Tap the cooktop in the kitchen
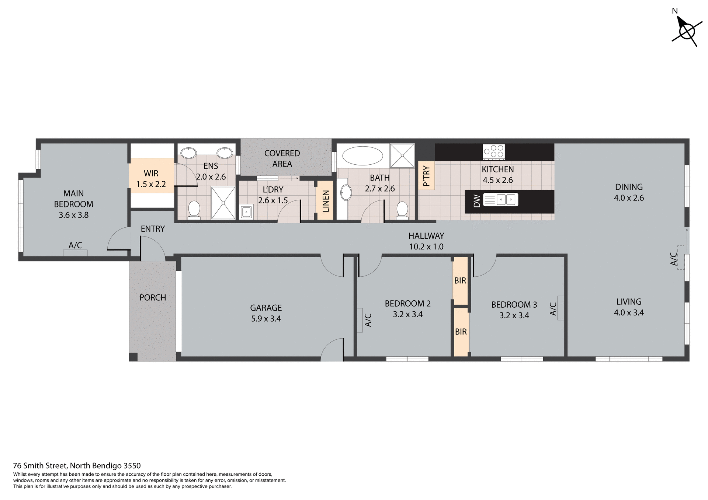[x=494, y=152]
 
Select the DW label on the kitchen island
[x=477, y=201]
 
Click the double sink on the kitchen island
[x=506, y=200]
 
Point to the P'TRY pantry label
[x=426, y=176]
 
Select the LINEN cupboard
[x=325, y=201]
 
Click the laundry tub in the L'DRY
[x=246, y=212]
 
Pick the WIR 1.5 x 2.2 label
[x=151, y=179]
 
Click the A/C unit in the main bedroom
[x=75, y=253]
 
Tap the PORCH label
[x=153, y=297]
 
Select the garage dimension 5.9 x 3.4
[x=266, y=319]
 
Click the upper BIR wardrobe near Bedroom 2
[x=460, y=280]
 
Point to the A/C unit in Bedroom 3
[x=560, y=308]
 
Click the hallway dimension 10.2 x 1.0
[x=426, y=246]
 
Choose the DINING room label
[x=629, y=187]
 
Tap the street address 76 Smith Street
[x=77, y=466]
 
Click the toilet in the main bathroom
[x=402, y=209]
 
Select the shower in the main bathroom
[x=402, y=155]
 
